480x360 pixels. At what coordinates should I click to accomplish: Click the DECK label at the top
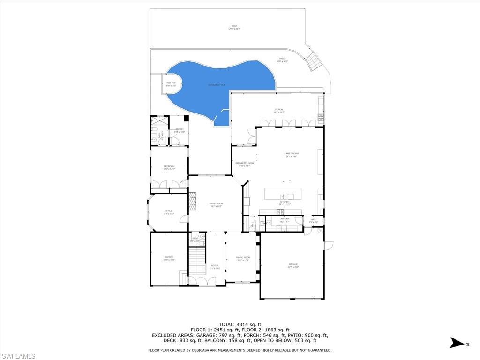[x=234, y=27]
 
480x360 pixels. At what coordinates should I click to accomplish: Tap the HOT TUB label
[x=171, y=84]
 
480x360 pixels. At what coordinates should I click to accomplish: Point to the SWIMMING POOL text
[x=217, y=85]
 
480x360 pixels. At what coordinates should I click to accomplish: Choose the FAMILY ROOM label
[x=291, y=154]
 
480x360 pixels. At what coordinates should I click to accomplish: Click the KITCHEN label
[x=284, y=202]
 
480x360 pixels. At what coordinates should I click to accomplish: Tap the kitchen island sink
[x=284, y=196]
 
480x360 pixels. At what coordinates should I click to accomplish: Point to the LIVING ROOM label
[x=216, y=204]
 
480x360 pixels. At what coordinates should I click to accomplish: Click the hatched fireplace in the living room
[x=192, y=200]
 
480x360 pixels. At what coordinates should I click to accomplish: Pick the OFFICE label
[x=169, y=212]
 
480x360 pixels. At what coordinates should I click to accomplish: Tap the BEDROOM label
[x=169, y=167]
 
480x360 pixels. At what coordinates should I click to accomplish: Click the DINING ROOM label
[x=243, y=258]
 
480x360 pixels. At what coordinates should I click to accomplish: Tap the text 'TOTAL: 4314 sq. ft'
[x=240, y=324]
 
